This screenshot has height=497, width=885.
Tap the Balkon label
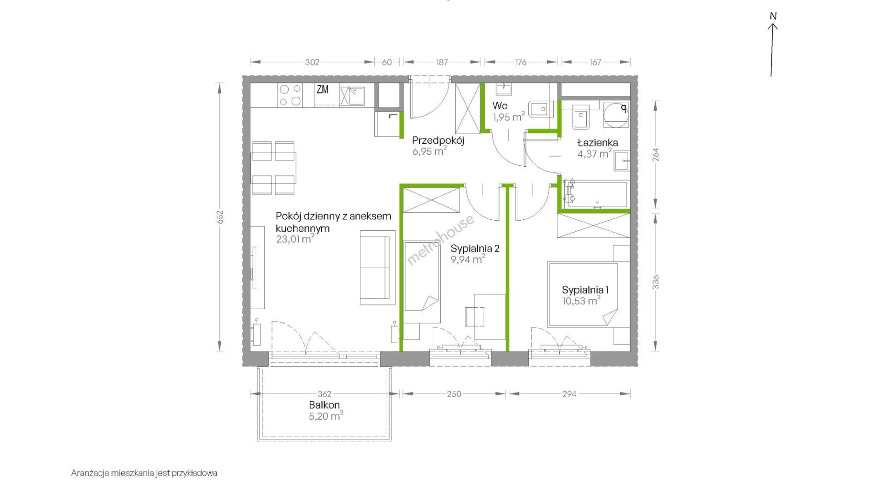[324, 405]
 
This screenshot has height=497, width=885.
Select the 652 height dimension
[220, 217]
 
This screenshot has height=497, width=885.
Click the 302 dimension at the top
[312, 62]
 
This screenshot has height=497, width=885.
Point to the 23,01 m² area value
[295, 239]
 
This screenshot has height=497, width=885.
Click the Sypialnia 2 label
[475, 249]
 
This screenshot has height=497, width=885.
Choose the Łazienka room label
[598, 143]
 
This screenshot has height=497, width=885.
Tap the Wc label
[500, 106]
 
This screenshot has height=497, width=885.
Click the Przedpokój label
[438, 140]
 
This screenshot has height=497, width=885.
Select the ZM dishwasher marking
[323, 89]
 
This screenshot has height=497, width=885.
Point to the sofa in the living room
[378, 268]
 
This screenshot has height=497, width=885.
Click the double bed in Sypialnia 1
[583, 295]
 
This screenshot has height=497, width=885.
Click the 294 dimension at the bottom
[569, 394]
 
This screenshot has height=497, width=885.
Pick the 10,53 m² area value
[581, 301]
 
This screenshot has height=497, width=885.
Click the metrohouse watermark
[440, 240]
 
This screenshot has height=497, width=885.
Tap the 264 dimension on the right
[656, 154]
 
